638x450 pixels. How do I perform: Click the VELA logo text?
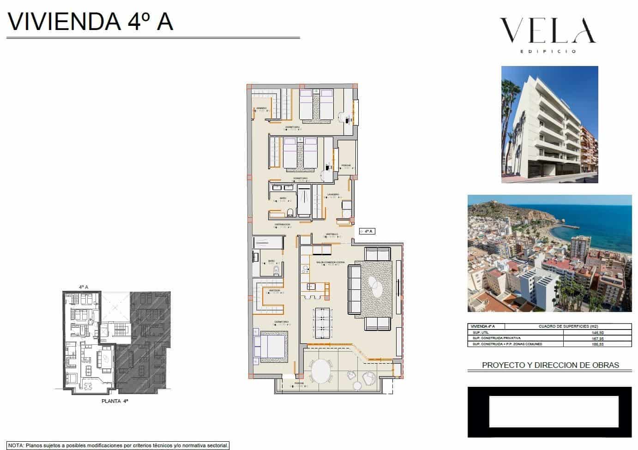click(x=548, y=30)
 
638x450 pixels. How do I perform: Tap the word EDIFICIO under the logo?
click(x=548, y=51)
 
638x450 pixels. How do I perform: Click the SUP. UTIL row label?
click(x=481, y=332)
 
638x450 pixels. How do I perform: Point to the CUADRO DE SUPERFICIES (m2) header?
click(x=568, y=326)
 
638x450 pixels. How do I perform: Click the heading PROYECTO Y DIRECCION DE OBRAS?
click(x=550, y=365)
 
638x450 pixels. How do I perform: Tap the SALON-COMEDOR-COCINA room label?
click(x=330, y=262)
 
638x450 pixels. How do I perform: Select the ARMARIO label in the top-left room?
click(x=261, y=108)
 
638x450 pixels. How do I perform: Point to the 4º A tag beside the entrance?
click(x=368, y=231)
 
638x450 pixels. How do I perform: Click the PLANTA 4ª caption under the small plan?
click(x=114, y=402)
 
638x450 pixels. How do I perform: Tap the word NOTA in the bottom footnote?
click(x=16, y=446)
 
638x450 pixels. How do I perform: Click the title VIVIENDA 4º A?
click(x=90, y=22)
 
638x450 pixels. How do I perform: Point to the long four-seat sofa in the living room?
click(x=354, y=290)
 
